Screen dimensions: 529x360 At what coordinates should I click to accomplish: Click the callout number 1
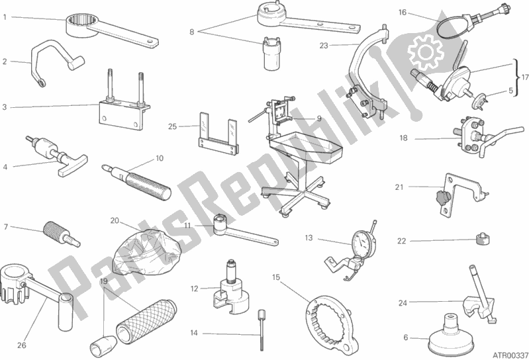(x=5, y=17)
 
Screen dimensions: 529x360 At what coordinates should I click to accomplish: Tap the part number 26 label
(x=21, y=345)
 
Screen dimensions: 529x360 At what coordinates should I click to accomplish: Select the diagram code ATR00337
(x=510, y=355)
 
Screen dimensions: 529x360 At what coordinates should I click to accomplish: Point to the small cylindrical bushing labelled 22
(x=483, y=239)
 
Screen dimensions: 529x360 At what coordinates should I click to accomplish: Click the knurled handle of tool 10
(x=148, y=185)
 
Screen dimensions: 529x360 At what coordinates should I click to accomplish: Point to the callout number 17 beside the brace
(x=524, y=77)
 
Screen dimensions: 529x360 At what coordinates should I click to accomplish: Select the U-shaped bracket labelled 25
(x=218, y=134)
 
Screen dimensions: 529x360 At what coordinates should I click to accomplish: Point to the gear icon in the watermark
(x=425, y=51)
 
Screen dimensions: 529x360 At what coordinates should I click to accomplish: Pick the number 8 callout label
(x=191, y=32)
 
